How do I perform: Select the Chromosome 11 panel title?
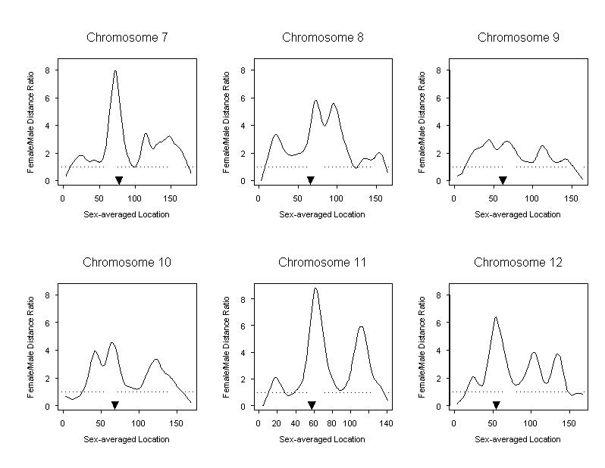pyautogui.click(x=322, y=263)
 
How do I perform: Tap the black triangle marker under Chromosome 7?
pyautogui.click(x=119, y=179)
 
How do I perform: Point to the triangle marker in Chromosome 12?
pyautogui.click(x=497, y=405)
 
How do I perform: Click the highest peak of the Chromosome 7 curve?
pyautogui.click(x=115, y=70)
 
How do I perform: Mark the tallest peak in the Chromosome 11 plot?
pyautogui.click(x=315, y=289)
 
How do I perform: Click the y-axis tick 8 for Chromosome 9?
pyautogui.click(x=440, y=70)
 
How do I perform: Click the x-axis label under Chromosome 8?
pyautogui.click(x=322, y=214)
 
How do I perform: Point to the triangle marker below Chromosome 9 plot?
pyautogui.click(x=503, y=179)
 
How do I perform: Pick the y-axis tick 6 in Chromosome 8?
pyautogui.click(x=244, y=98)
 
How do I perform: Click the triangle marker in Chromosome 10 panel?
pyautogui.click(x=114, y=405)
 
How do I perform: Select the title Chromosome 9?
pyautogui.click(x=519, y=37)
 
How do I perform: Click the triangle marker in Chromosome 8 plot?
pyautogui.click(x=310, y=179)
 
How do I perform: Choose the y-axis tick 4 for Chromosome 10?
pyautogui.click(x=49, y=351)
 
